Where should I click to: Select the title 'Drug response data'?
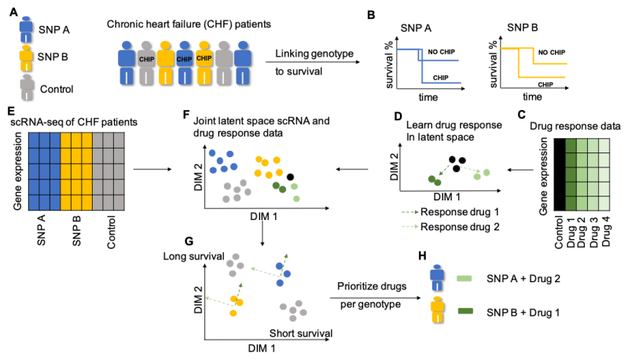577,126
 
